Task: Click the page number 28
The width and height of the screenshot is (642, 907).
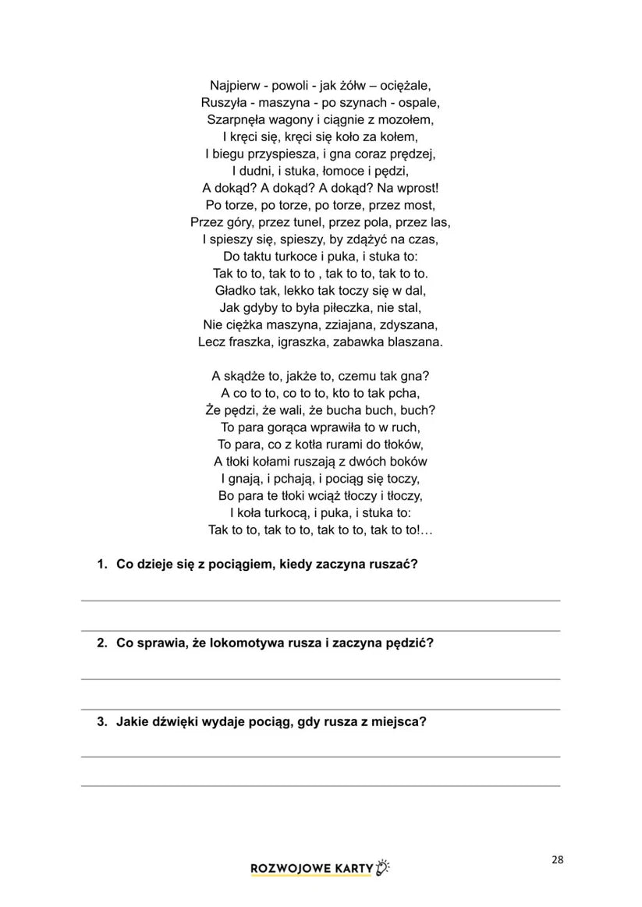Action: coord(557,860)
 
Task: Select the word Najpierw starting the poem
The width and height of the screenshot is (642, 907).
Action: coord(236,85)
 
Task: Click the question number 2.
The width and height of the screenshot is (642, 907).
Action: coord(101,643)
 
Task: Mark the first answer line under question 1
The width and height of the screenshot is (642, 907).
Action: coord(320,601)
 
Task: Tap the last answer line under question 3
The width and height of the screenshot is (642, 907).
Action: coord(320,786)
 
